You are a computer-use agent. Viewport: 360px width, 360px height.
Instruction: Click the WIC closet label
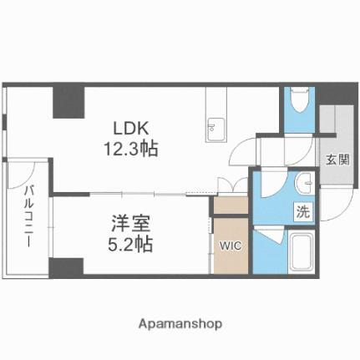pos(230,246)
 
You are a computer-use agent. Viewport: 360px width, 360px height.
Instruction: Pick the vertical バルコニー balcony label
pos(28,219)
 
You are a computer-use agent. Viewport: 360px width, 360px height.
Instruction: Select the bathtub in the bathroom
pos(300,251)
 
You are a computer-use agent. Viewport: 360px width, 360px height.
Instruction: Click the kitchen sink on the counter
pos(212,129)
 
